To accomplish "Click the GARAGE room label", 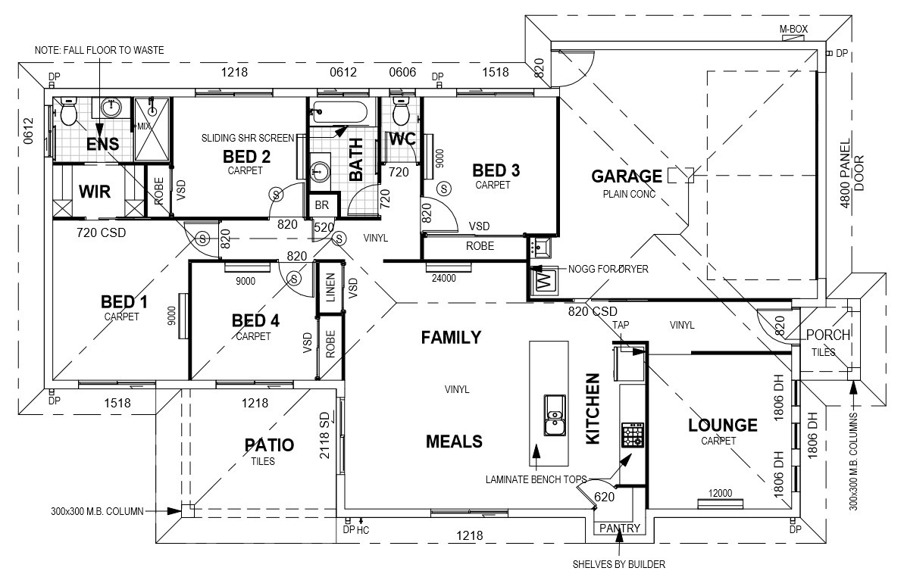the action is click(627, 176).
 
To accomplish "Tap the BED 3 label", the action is click(496, 170).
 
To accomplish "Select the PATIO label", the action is click(269, 445).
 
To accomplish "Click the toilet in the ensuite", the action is click(69, 114).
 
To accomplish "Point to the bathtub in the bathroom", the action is click(339, 113).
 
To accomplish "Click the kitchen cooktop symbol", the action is click(632, 435).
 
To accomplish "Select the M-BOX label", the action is click(793, 30).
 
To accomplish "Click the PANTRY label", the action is click(620, 529).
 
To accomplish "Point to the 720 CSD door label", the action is click(101, 233).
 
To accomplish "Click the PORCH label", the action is click(827, 335).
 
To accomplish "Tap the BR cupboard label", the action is click(321, 205).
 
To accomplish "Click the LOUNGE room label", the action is click(722, 426).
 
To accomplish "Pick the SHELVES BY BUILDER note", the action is click(620, 563).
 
